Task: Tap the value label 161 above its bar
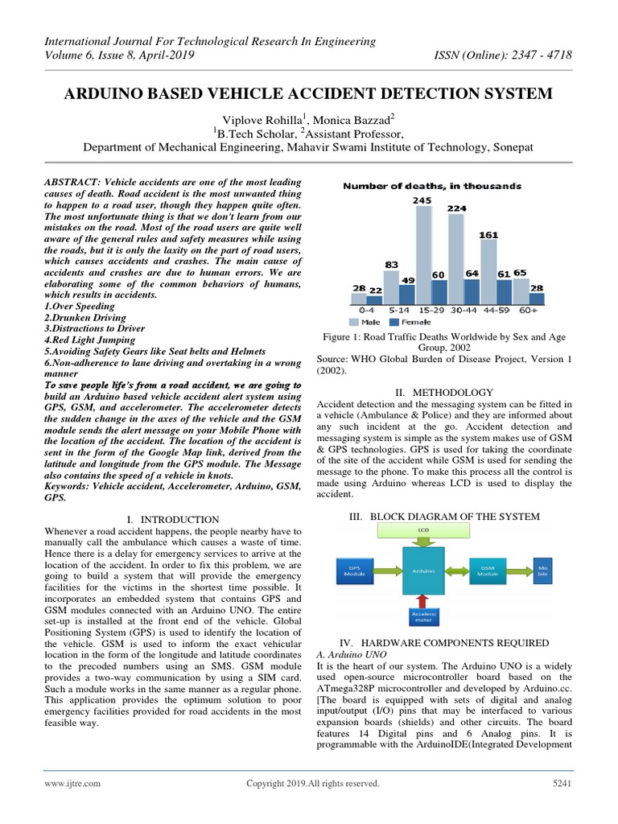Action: point(489,235)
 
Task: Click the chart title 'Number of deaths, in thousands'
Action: point(432,186)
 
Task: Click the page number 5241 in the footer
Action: point(560,783)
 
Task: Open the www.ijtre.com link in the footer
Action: point(74,783)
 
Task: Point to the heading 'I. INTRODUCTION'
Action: point(173,520)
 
